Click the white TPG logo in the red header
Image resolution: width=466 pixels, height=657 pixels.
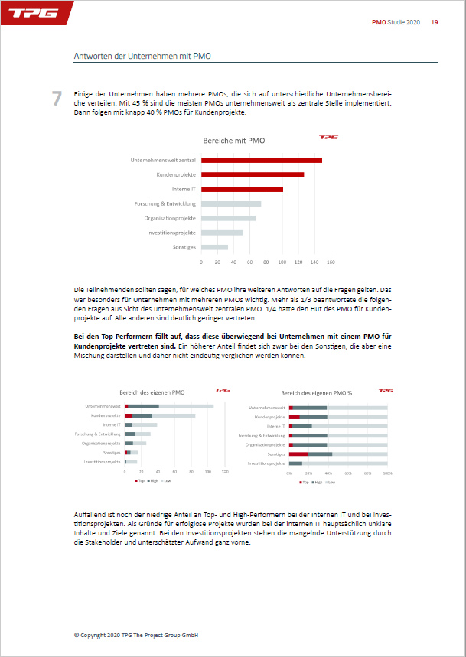[x=31, y=14]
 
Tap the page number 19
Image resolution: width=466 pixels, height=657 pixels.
[x=435, y=22]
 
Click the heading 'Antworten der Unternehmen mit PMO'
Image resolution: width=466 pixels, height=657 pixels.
[x=142, y=56]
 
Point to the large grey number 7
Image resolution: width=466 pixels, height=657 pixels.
[x=57, y=99]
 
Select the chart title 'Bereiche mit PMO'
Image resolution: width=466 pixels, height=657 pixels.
[x=234, y=141]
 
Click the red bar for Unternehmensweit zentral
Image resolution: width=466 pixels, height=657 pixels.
[x=261, y=160]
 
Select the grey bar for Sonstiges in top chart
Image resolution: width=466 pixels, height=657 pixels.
[x=214, y=247]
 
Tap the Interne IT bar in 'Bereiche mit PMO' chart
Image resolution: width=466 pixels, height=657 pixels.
[x=242, y=189]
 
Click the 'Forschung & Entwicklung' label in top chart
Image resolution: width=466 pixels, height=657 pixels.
[x=165, y=203]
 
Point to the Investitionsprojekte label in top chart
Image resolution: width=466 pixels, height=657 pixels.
[x=171, y=233]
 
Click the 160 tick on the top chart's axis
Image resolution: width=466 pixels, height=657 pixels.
[x=331, y=262]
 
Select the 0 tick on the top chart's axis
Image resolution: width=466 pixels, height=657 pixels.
[x=201, y=262]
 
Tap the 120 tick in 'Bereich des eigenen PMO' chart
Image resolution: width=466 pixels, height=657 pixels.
[x=225, y=473]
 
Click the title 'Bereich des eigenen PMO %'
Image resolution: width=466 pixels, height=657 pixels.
[x=317, y=392]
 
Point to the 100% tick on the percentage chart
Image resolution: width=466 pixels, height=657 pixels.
[x=387, y=473]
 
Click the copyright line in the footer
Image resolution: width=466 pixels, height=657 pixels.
[x=136, y=635]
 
